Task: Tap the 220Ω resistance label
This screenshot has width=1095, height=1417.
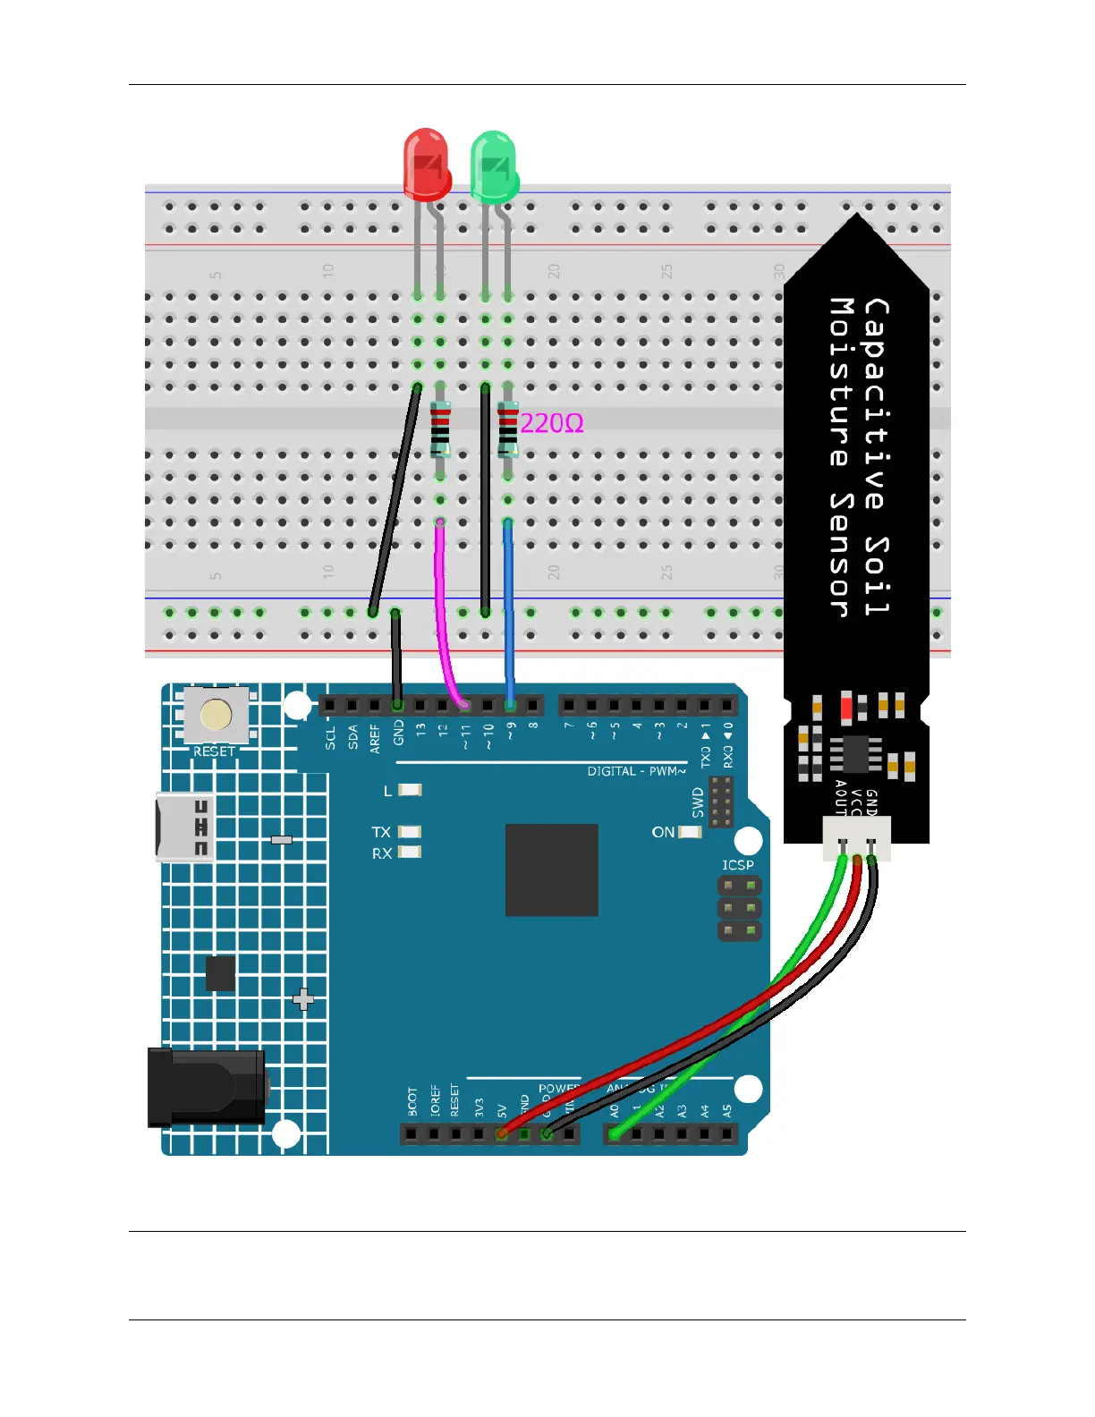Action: (552, 423)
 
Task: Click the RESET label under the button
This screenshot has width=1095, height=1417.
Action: (215, 751)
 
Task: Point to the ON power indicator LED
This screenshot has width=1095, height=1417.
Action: (690, 832)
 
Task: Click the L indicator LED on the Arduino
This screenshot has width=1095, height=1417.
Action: (410, 790)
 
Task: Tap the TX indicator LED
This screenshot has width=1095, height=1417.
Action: (410, 832)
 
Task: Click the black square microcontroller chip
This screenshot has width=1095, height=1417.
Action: (551, 870)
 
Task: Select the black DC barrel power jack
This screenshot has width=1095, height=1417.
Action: (207, 1087)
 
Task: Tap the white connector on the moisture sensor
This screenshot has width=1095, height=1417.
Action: (857, 839)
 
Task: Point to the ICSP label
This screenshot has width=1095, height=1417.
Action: (738, 865)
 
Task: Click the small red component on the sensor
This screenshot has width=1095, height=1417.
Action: (846, 708)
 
